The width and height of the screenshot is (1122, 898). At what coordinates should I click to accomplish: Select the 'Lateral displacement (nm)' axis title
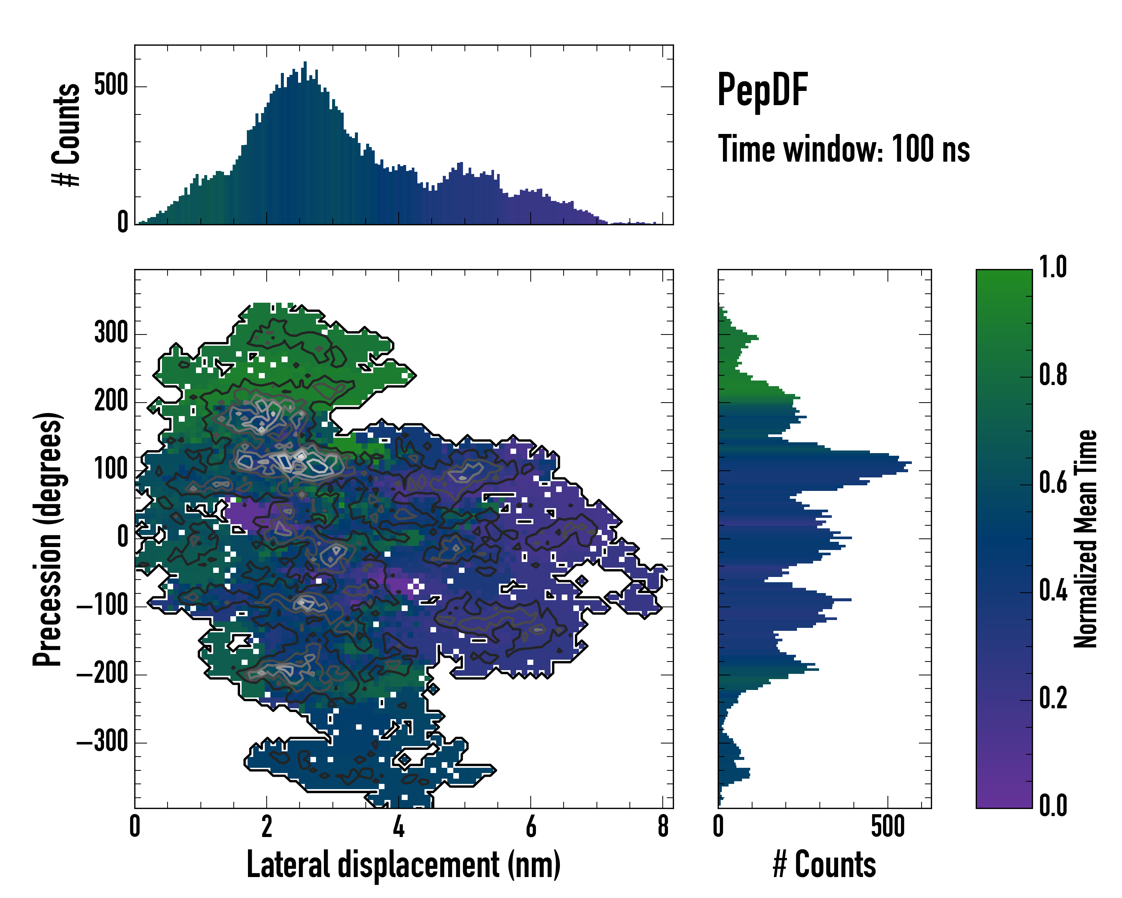pos(403,865)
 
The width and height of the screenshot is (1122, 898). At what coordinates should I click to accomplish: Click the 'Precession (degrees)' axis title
pos(48,539)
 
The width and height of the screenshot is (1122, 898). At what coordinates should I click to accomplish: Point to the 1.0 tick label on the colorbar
pos(1053,268)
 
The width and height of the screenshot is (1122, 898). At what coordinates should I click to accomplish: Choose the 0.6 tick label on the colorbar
pos(1053,483)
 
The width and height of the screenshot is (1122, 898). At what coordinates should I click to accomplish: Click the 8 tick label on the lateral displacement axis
pos(662,827)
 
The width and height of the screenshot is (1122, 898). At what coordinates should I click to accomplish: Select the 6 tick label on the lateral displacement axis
pos(530,827)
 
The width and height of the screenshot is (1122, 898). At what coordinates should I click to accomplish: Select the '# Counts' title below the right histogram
pos(824,865)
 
